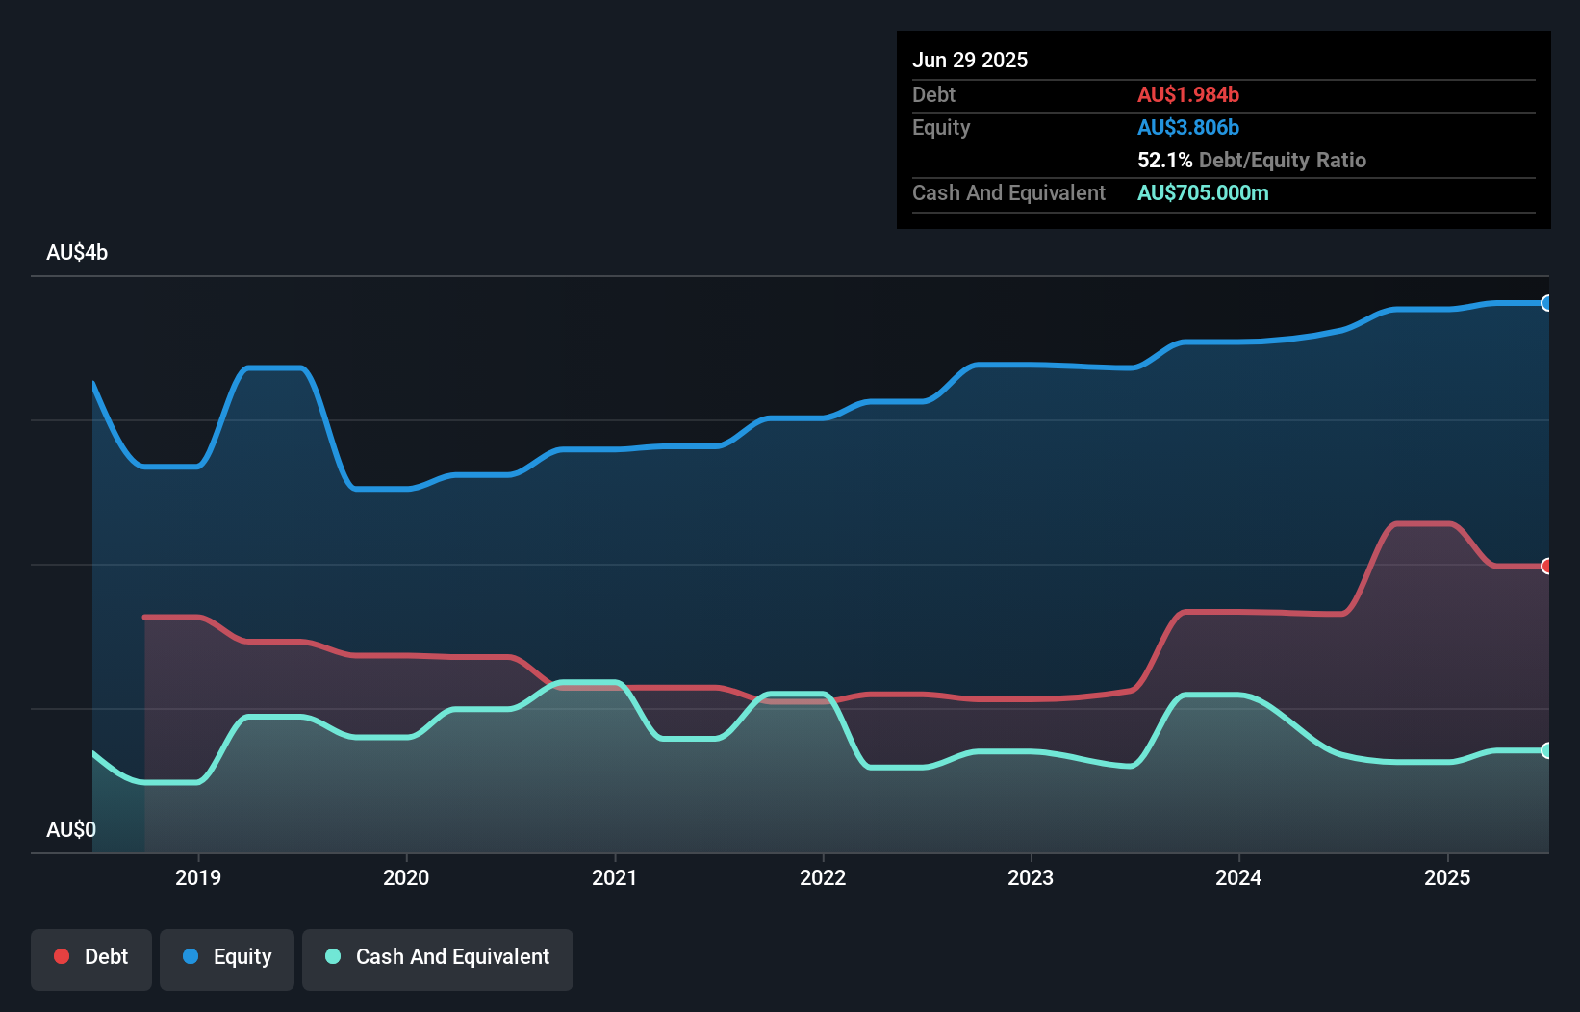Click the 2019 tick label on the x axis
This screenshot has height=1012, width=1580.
(x=198, y=877)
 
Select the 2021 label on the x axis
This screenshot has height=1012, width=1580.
(x=614, y=877)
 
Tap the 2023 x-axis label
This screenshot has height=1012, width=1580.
(x=1030, y=877)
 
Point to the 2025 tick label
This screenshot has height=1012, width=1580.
(x=1446, y=877)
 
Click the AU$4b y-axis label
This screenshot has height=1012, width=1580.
(x=77, y=253)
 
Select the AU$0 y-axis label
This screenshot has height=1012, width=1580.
(x=71, y=829)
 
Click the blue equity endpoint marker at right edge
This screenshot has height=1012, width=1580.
(x=1546, y=304)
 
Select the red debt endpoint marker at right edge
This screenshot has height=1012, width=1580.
(x=1546, y=567)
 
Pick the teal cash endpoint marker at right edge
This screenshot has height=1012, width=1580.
(x=1546, y=751)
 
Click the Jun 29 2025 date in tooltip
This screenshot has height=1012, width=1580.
(x=970, y=60)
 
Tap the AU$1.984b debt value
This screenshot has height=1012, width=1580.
(x=1187, y=94)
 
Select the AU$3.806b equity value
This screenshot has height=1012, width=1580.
(x=1187, y=127)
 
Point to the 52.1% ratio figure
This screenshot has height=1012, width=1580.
(x=1164, y=160)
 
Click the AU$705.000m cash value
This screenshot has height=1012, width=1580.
(x=1203, y=192)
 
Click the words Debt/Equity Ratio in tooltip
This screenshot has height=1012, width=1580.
(x=1282, y=160)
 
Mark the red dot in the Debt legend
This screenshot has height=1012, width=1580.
(x=62, y=956)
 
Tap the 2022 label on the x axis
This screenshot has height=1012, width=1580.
(x=822, y=877)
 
